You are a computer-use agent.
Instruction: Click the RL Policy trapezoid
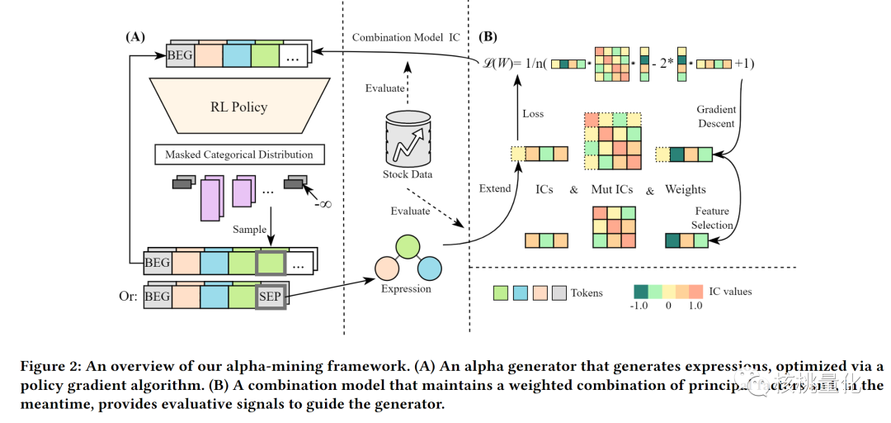click(238, 107)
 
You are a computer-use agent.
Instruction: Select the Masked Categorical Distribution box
click(239, 154)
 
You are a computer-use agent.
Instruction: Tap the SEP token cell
click(271, 295)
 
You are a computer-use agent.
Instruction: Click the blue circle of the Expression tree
click(429, 268)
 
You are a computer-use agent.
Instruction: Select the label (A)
click(135, 37)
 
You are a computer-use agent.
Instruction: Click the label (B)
click(488, 37)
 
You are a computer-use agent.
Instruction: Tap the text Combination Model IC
click(406, 38)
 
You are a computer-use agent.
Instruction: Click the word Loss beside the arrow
click(533, 113)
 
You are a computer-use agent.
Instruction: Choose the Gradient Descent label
click(716, 116)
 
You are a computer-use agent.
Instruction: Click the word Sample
click(249, 229)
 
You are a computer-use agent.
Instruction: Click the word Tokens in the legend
click(587, 292)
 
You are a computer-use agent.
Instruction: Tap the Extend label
click(495, 188)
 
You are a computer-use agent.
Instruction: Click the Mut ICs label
click(612, 189)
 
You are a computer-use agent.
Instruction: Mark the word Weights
click(686, 189)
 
